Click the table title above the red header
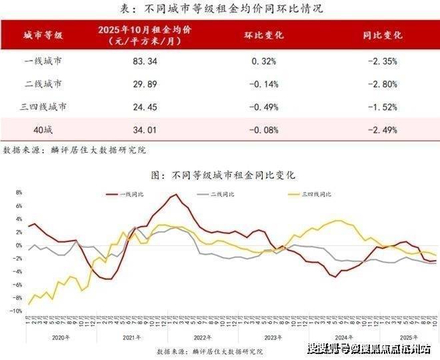(x=220, y=9)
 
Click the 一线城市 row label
(x=43, y=62)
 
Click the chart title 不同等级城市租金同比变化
(x=223, y=175)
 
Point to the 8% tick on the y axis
(x=19, y=192)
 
